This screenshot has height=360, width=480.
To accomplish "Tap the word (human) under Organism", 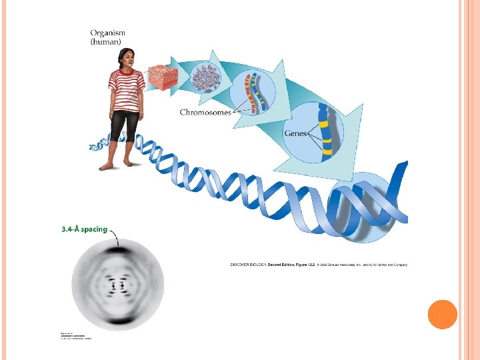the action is tap(107, 41).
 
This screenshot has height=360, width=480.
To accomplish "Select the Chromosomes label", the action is tap(205, 112).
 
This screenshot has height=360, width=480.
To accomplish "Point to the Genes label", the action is tap(295, 133).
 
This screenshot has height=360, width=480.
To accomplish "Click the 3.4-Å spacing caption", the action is tap(83, 229).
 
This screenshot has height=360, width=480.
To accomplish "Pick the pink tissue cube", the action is tap(163, 78).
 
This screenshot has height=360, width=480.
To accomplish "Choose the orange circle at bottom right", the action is tap(441, 315).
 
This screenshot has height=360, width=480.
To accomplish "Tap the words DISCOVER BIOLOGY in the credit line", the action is tap(248, 265).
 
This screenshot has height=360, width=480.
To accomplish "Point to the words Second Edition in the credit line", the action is tap(281, 265).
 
